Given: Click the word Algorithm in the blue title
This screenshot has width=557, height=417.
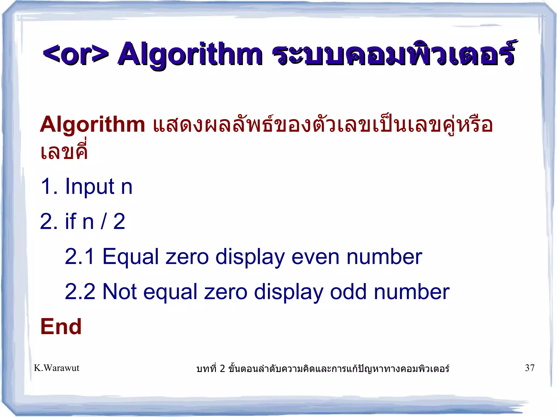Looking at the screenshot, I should point(190,54).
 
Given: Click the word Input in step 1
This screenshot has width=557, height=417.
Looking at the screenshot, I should point(89,187).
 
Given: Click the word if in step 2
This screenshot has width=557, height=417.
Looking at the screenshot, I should point(70,221).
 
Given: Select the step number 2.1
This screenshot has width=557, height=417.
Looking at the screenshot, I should point(79,257).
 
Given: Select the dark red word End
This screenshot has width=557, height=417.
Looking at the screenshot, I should point(61,327).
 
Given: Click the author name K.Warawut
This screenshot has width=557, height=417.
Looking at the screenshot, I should point(57,368).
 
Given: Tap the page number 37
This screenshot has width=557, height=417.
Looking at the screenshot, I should point(530,368).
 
